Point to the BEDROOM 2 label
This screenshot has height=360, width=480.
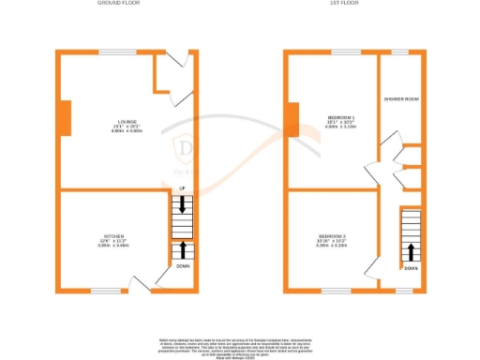[x=332, y=234]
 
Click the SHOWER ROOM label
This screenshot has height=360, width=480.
[x=399, y=97]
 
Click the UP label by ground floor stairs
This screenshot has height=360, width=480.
[x=182, y=190]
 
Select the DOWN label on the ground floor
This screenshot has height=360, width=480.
[x=183, y=266]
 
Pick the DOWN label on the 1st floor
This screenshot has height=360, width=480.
[x=412, y=267]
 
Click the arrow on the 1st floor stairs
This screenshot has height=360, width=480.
[x=411, y=251]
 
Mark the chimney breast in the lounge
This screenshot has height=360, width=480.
[x=65, y=118]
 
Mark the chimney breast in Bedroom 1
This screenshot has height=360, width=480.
[x=293, y=118]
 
